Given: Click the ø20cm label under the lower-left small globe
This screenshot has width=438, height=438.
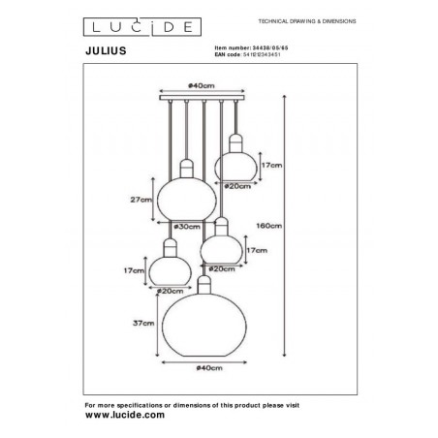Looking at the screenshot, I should [x=171, y=291].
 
